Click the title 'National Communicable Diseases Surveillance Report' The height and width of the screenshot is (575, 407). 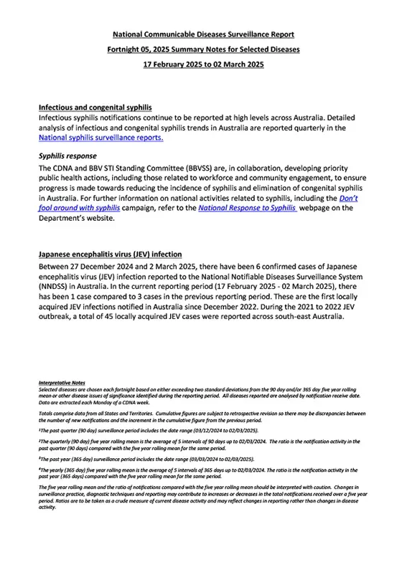click(x=203, y=34)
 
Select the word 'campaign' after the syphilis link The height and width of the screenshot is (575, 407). click(x=156, y=209)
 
